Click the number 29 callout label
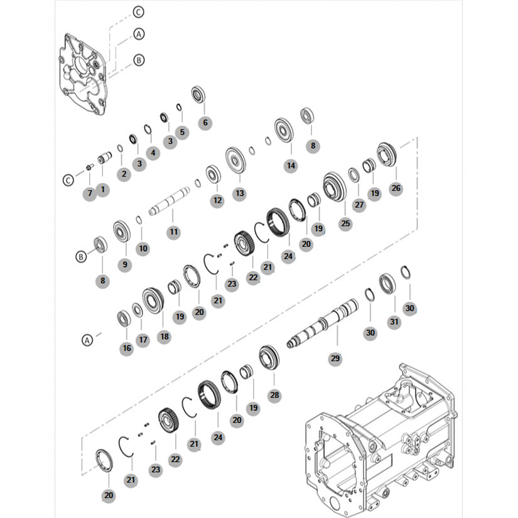335,358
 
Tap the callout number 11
174,232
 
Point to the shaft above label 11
169,201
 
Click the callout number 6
205,122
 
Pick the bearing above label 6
198,94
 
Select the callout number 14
291,166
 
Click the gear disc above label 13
235,161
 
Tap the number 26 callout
396,188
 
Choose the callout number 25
345,224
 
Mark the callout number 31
394,321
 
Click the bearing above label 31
387,284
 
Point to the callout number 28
274,395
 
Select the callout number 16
127,348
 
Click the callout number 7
90,193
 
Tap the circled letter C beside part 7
68,180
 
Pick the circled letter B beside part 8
81,256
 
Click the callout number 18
164,337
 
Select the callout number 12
217,200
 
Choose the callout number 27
359,205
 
